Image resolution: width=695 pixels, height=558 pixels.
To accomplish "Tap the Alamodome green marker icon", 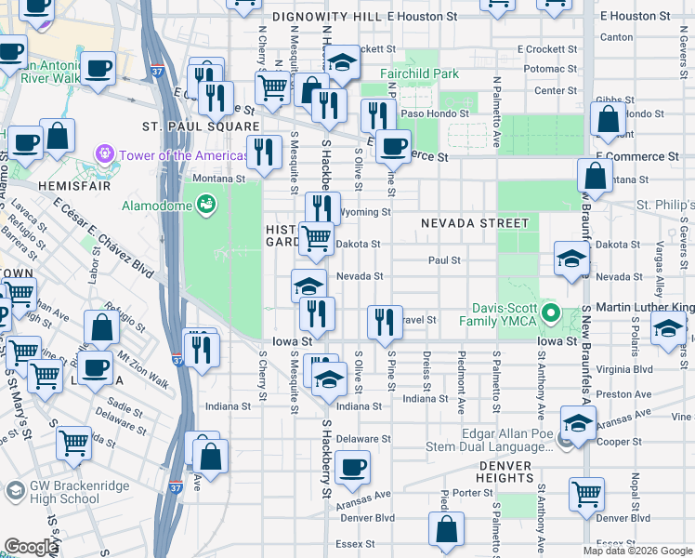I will (206, 204).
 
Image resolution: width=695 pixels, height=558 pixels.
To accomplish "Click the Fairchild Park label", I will (419, 73).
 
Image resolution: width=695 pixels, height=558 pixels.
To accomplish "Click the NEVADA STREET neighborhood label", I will (474, 223).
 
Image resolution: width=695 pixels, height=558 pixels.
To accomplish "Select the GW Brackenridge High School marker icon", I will (14, 490).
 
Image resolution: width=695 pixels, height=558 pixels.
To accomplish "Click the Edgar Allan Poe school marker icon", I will (567, 442).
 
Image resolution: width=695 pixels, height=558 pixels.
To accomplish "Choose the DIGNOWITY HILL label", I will (328, 17).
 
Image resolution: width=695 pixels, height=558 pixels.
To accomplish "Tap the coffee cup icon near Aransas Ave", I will (352, 468).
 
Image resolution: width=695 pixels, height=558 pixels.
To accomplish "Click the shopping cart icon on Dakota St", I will (317, 238).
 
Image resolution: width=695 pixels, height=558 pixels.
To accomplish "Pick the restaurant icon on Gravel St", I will (385, 322).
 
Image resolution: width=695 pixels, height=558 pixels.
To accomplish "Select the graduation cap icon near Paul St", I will (571, 259).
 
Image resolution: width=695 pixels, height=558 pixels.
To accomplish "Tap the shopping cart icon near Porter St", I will (586, 495).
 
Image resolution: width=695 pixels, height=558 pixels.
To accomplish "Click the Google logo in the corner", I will (31, 547).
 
